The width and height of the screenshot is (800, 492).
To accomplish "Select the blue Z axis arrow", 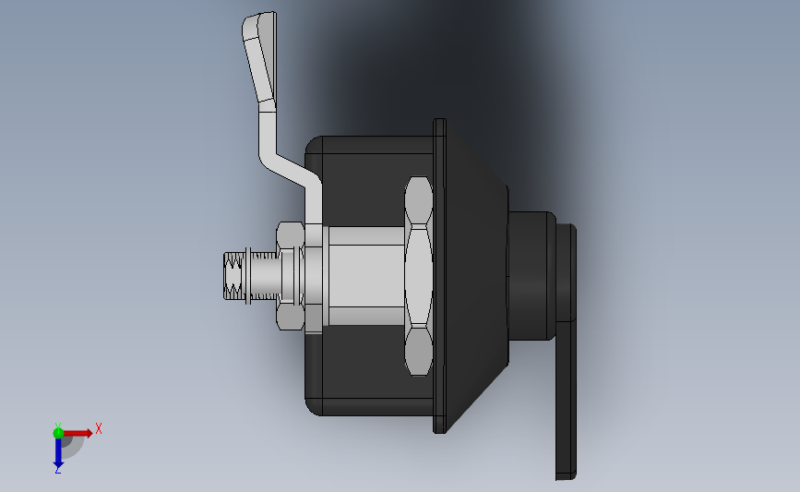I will (58, 451).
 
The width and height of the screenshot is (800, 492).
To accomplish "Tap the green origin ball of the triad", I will (58, 432).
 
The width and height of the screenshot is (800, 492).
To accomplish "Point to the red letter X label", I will (98, 428).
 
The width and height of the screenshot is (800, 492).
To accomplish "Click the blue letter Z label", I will (57, 470).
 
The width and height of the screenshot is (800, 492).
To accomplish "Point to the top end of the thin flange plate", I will (440, 129).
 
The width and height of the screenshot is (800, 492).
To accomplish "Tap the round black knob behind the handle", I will (531, 277).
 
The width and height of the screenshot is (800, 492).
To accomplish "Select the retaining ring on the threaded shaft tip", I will (246, 277).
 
